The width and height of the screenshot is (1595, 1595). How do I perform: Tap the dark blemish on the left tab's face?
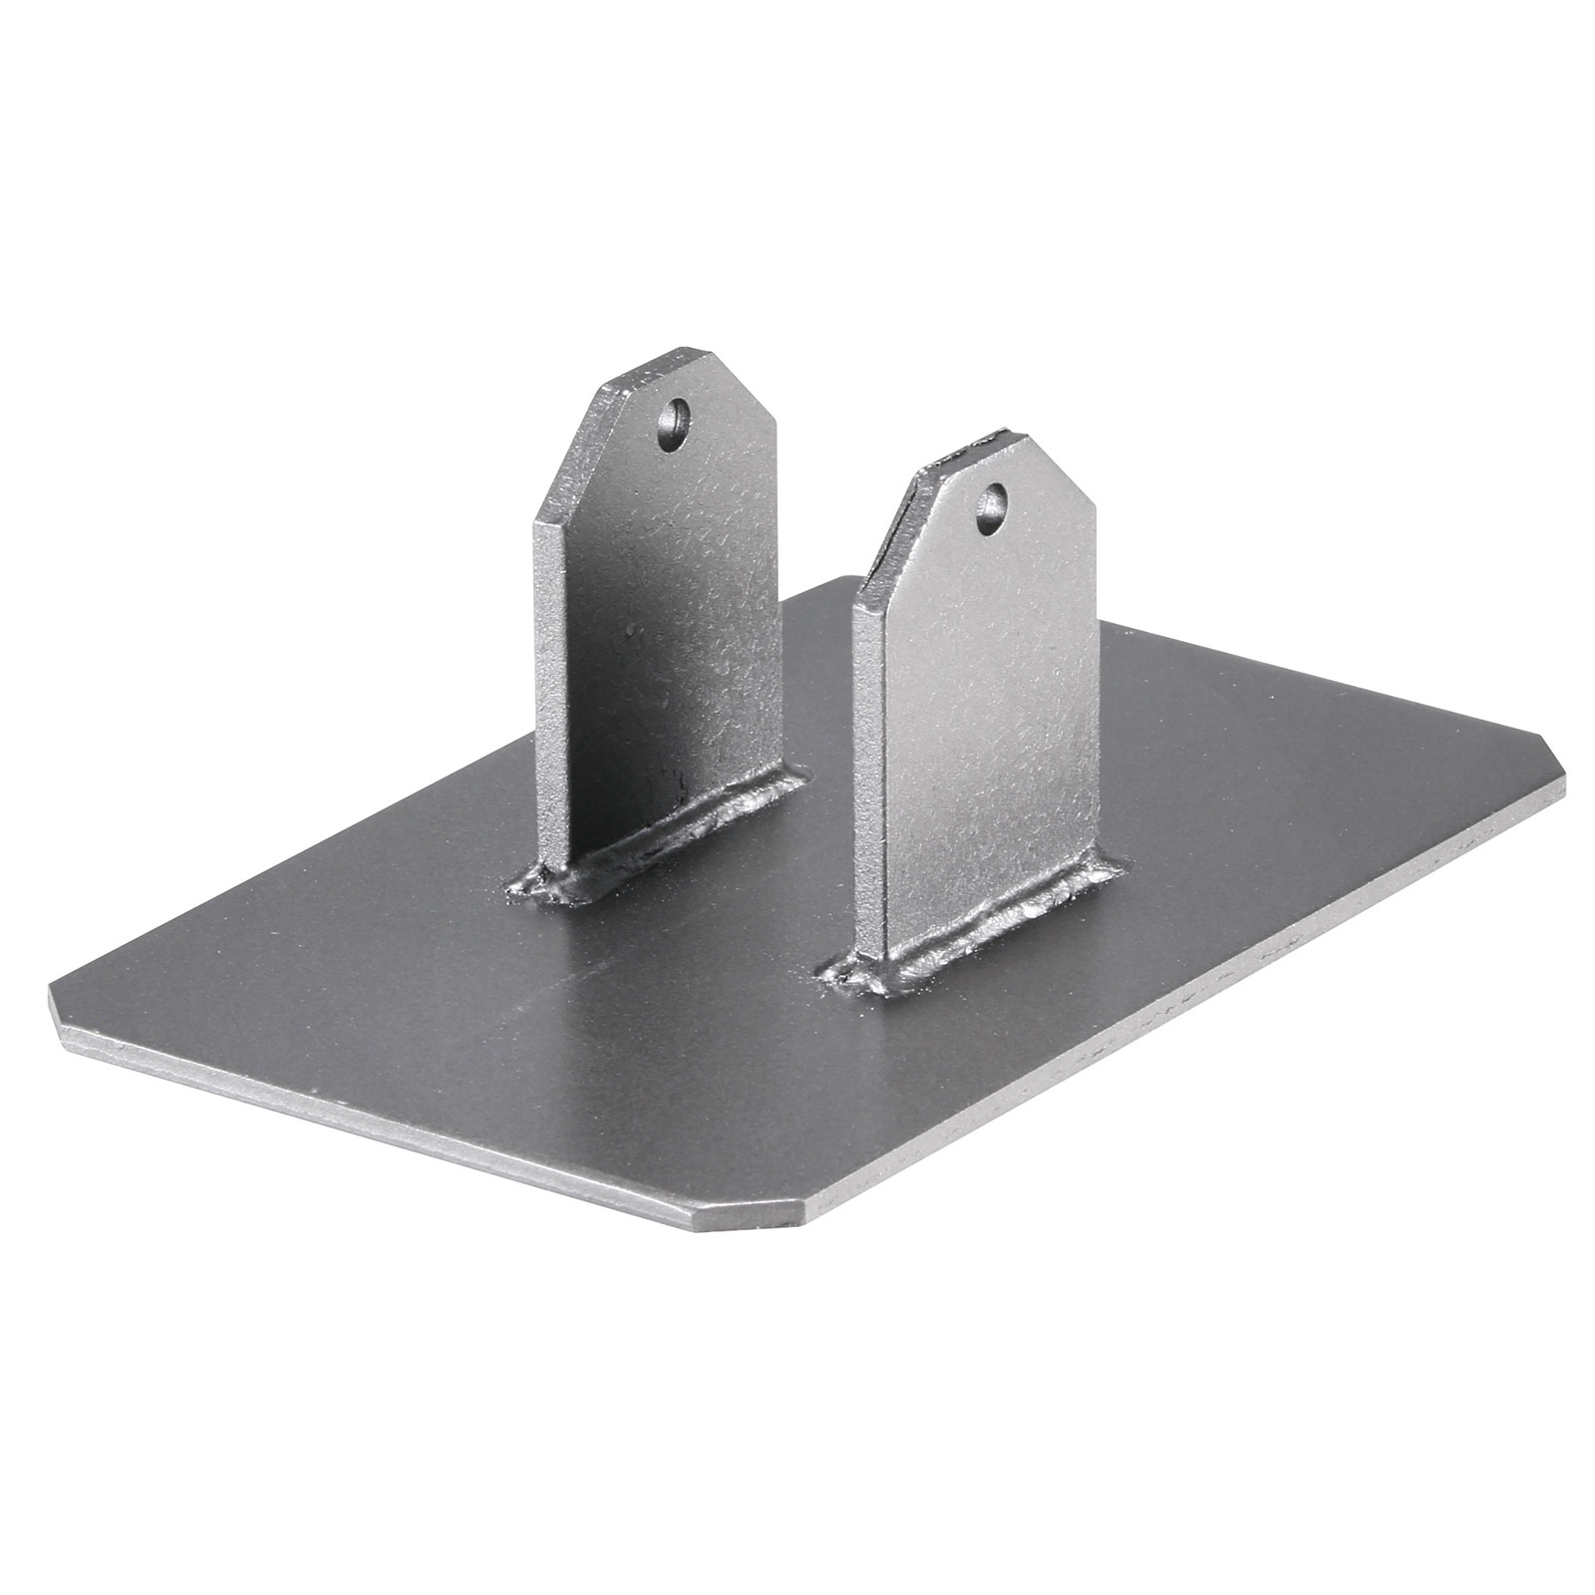[x=630, y=630]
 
